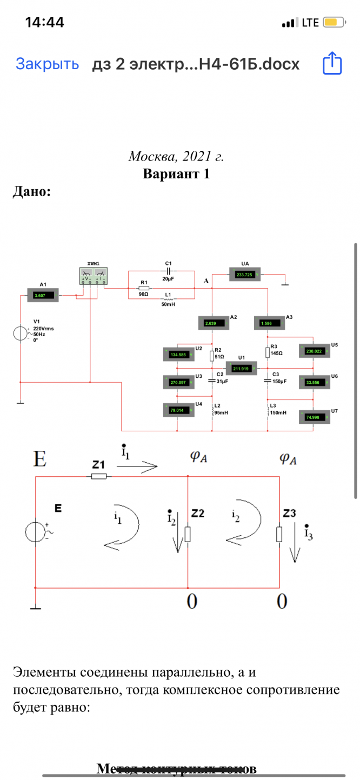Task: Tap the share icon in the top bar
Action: (332, 63)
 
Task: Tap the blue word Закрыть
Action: (47, 64)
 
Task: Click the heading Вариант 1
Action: (176, 174)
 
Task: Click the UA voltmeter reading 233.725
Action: (246, 275)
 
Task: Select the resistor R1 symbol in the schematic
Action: (144, 288)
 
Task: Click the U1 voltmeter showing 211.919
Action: (241, 369)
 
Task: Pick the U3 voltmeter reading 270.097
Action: (178, 382)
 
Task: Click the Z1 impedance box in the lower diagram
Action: (98, 476)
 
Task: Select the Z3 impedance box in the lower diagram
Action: (279, 534)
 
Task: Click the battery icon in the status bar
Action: (331, 23)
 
